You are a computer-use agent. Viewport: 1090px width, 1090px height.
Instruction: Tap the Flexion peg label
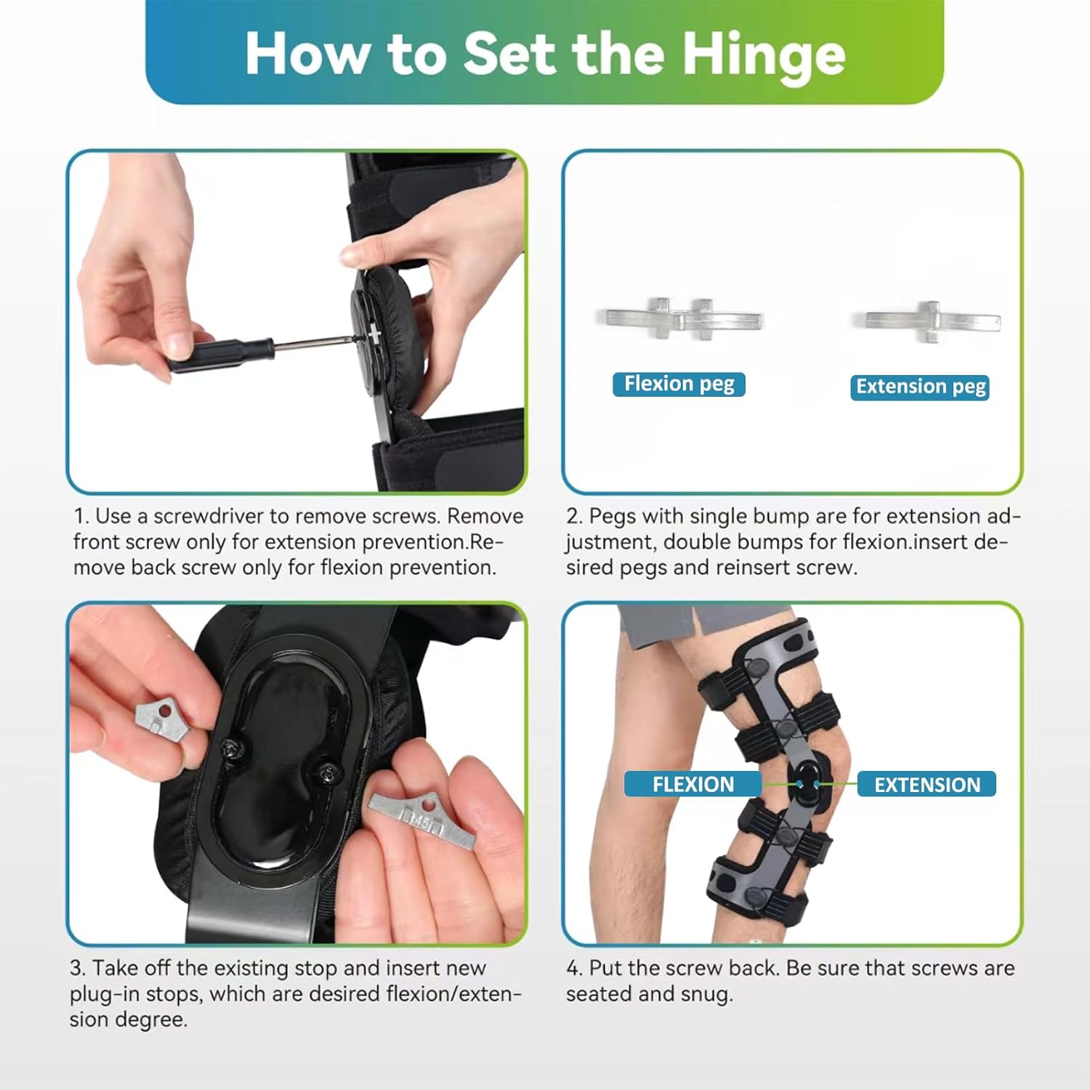click(679, 384)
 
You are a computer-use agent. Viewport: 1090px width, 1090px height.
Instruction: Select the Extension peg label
click(920, 387)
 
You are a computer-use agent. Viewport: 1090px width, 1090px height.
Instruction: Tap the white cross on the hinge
click(374, 334)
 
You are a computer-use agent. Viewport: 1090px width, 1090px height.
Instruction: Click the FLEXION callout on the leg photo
click(693, 784)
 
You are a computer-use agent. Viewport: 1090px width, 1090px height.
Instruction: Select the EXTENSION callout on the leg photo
click(926, 785)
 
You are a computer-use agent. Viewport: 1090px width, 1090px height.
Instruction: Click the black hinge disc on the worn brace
click(808, 783)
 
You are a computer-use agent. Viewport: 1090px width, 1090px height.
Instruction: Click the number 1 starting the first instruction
click(80, 517)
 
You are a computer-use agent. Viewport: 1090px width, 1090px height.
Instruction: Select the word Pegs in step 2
click(613, 517)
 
